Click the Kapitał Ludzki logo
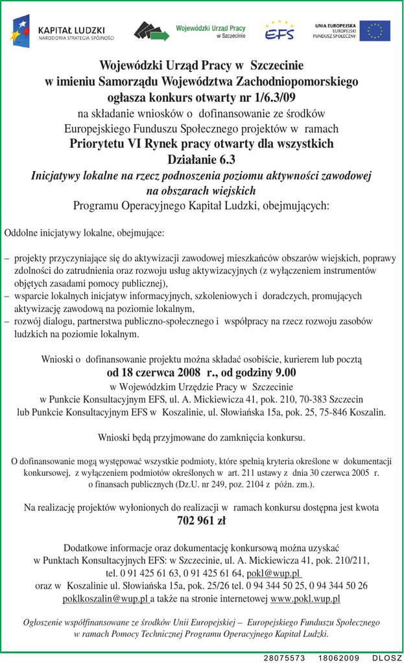tap(62, 31)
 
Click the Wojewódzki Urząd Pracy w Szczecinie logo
tap(189, 31)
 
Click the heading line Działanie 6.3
tap(202, 159)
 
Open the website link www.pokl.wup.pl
tap(305, 599)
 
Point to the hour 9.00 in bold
tap(282, 372)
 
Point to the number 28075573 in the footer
tap(284, 658)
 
